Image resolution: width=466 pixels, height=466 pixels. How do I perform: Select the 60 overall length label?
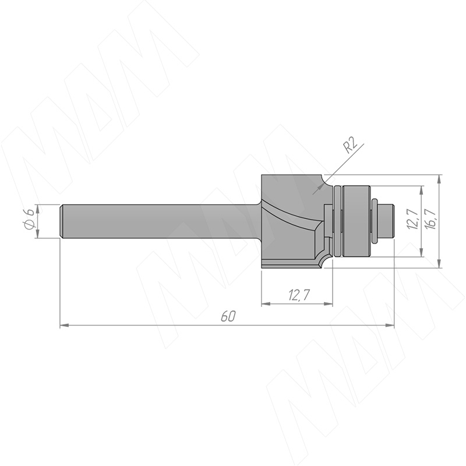[x=228, y=317]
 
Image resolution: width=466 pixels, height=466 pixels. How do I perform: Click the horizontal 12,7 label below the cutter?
[x=299, y=295]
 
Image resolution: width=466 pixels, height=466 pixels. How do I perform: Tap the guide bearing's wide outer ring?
[x=356, y=221]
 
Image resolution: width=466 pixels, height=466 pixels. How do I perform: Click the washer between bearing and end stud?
[x=375, y=221]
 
